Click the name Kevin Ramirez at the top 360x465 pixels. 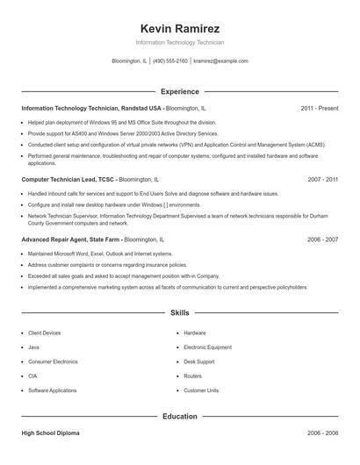point(179,28)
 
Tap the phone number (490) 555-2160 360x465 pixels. point(170,61)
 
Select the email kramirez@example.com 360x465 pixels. point(220,61)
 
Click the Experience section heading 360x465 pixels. point(180,91)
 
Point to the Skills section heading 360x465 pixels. point(180,312)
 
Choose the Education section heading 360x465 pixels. point(180,416)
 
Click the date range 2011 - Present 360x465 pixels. point(319,108)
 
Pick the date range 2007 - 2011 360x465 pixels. point(322,179)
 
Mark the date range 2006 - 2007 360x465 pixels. point(322,239)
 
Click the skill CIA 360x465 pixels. point(33,376)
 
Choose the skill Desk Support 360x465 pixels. point(199,361)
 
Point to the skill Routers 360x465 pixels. point(193,376)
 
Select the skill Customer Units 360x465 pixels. point(200,390)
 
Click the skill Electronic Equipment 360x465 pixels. point(207,347)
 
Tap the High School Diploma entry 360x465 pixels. point(50,433)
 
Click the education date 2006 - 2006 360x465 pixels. point(322,433)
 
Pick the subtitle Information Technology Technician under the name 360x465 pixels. point(180,42)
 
